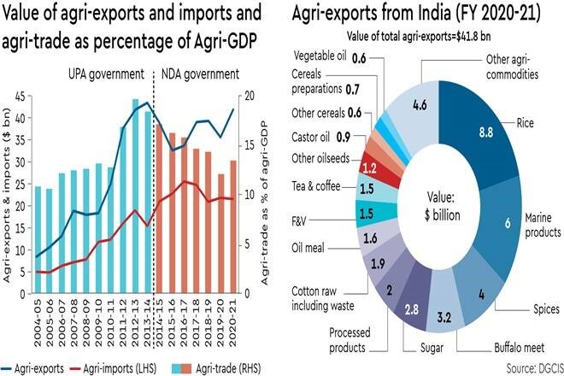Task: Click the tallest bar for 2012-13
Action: pyautogui.click(x=135, y=197)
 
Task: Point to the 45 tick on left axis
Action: pyautogui.click(x=23, y=96)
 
